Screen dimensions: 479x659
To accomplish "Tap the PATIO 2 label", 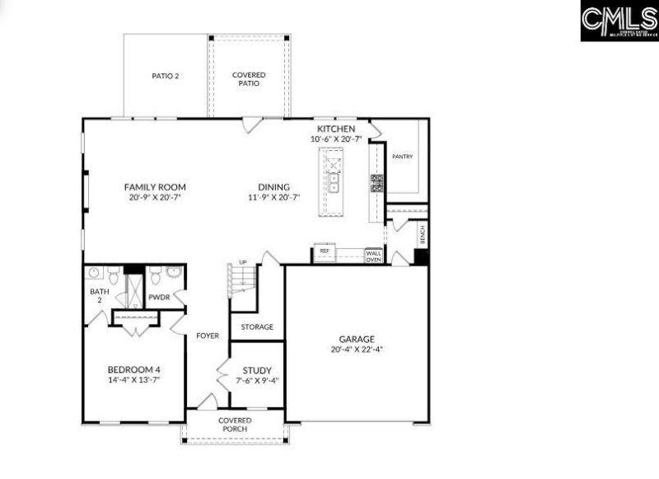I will click(x=166, y=76).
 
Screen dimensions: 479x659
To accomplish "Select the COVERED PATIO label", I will click(x=249, y=79).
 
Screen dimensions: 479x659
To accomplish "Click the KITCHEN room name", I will click(x=336, y=129).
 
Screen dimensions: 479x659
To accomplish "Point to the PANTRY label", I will click(x=402, y=157).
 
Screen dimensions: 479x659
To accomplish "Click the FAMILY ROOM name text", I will click(x=155, y=187).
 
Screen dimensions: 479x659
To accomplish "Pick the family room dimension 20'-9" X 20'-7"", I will click(x=155, y=198).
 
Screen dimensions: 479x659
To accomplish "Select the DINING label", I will click(x=274, y=187).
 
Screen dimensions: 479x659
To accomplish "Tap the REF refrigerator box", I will click(x=325, y=251).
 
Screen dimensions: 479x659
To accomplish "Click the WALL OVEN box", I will click(x=374, y=256).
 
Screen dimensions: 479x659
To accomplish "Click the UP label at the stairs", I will click(x=242, y=263).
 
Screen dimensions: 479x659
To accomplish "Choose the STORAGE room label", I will click(x=257, y=327).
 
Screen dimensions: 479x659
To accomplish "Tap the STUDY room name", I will click(x=257, y=371).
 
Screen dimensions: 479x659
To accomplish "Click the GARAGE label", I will click(x=357, y=339).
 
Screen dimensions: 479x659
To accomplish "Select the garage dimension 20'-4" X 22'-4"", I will click(x=357, y=350).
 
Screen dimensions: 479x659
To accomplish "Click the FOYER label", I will click(x=208, y=336).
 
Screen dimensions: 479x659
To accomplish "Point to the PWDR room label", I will click(x=159, y=298).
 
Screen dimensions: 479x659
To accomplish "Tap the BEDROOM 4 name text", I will click(x=133, y=369).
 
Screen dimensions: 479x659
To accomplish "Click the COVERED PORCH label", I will click(x=235, y=425).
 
